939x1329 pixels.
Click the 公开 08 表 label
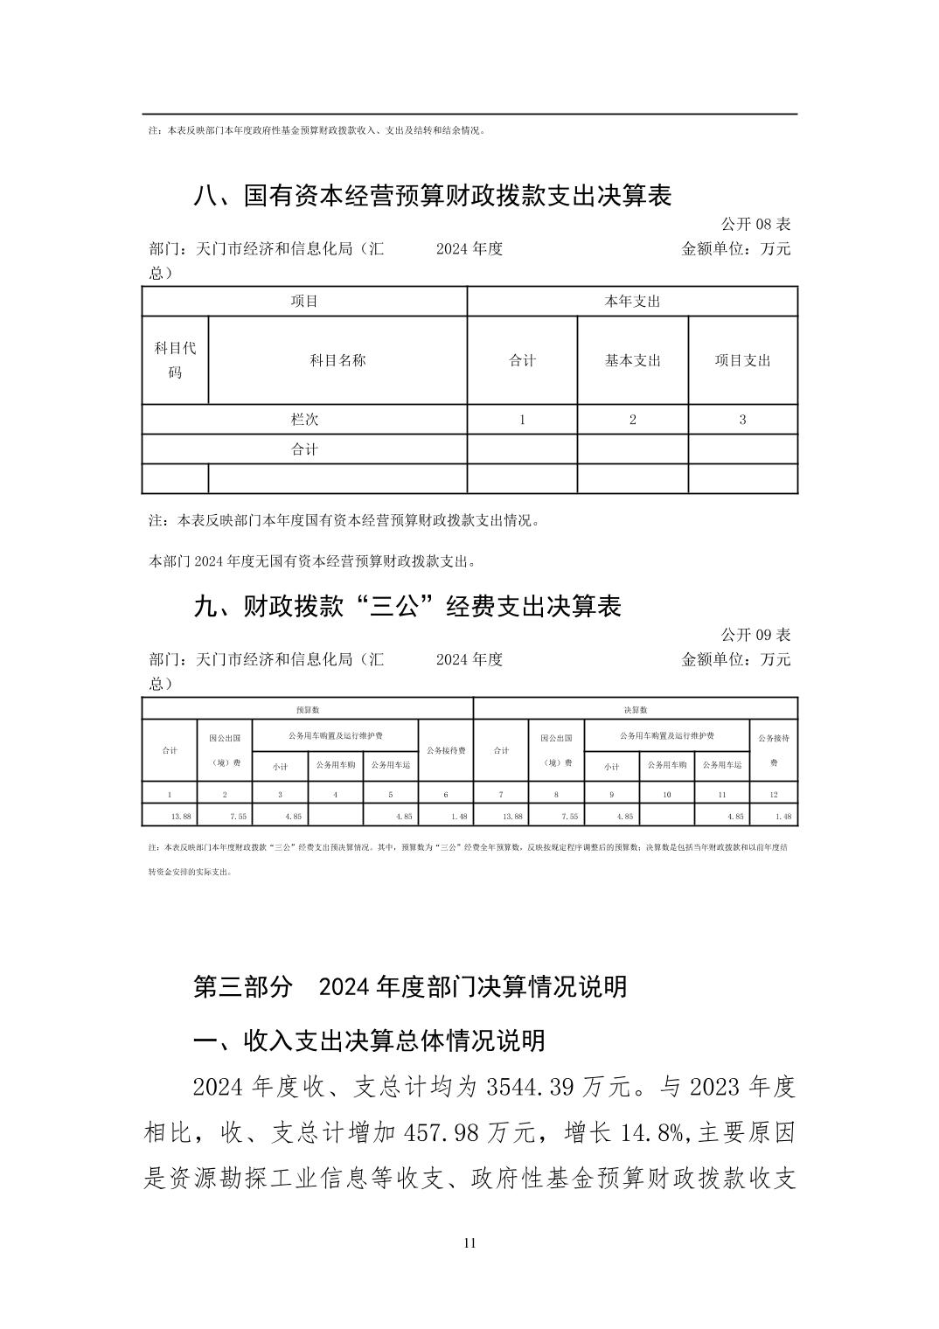[755, 224]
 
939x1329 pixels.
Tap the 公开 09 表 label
[755, 634]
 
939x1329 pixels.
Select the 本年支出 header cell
[632, 302]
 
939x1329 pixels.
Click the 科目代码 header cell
[175, 360]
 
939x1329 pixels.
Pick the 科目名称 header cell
[337, 360]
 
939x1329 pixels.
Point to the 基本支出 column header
[632, 360]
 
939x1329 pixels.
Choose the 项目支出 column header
[742, 360]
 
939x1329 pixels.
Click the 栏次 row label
[304, 420]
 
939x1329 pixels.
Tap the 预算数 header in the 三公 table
[308, 710]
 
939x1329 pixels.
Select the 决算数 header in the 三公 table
[636, 710]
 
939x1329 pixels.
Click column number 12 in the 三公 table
[774, 795]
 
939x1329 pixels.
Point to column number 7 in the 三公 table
[501, 795]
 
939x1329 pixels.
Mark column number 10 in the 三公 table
[667, 795]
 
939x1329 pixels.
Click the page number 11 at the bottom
[469, 1243]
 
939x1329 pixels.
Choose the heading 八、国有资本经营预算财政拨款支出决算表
[432, 196]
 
